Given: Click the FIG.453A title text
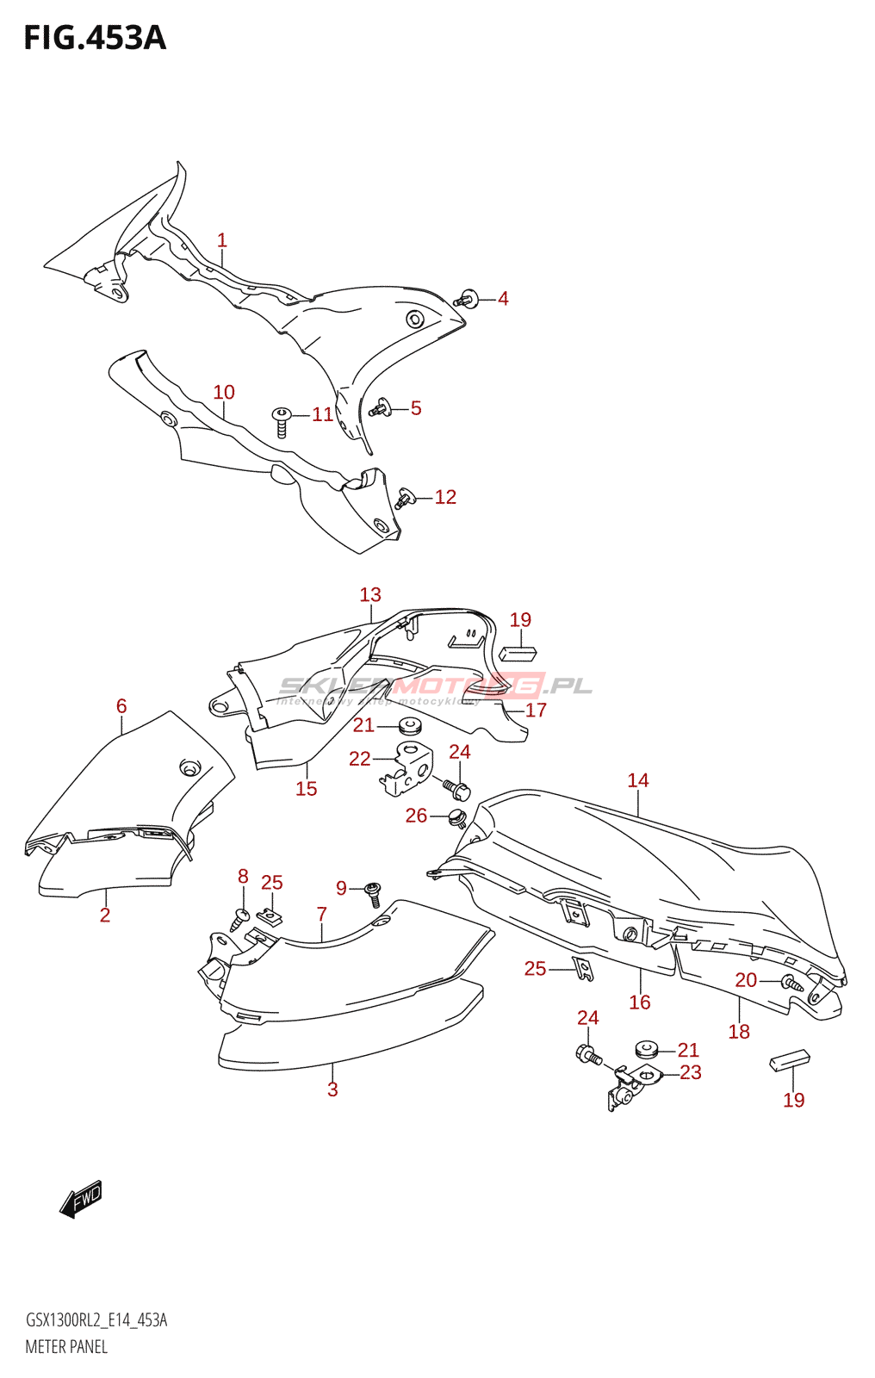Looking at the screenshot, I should [95, 38].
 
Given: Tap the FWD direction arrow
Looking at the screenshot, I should [81, 1198].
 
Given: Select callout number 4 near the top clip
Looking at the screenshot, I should [503, 299].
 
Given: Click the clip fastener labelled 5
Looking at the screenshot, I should [379, 408].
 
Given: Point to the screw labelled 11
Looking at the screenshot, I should [281, 421].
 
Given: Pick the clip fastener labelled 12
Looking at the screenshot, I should [404, 498].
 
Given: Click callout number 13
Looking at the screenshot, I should [370, 595].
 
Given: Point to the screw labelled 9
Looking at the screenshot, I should [373, 893].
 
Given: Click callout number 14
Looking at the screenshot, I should [638, 780].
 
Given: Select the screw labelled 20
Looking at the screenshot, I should [791, 982].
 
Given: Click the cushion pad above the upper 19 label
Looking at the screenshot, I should [518, 654].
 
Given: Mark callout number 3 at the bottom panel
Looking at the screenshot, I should [332, 1089].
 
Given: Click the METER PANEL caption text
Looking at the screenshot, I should [66, 1347].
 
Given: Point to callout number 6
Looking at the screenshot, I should [121, 706].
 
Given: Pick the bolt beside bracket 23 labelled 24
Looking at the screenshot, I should [588, 1053].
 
